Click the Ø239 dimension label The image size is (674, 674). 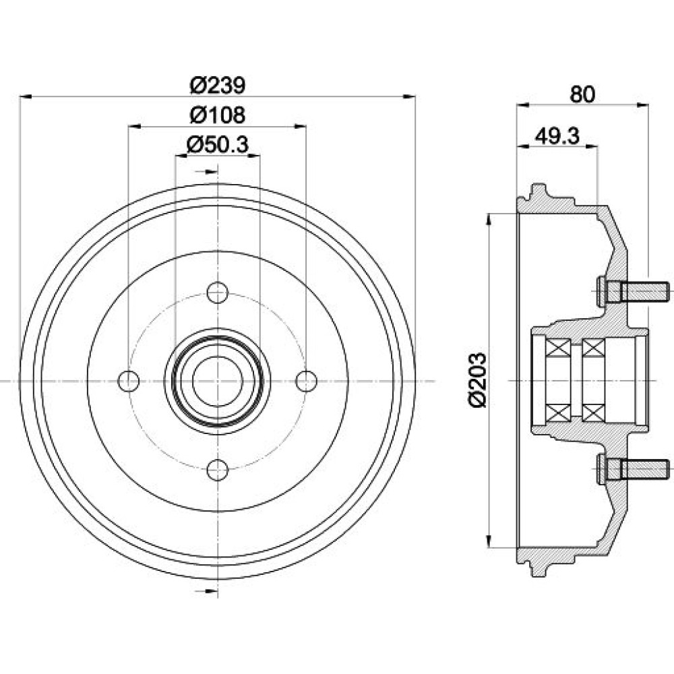pyautogui.click(x=218, y=85)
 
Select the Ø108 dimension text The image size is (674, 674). pyautogui.click(x=218, y=115)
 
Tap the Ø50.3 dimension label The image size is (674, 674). pyautogui.click(x=218, y=145)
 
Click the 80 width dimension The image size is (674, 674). pyautogui.click(x=582, y=94)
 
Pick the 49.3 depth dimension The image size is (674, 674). pyautogui.click(x=557, y=136)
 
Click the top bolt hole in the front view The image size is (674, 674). pyautogui.click(x=218, y=293)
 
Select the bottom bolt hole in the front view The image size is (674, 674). pyautogui.click(x=218, y=469)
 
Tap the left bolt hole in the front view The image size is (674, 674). pyautogui.click(x=129, y=381)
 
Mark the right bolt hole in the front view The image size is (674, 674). pyautogui.click(x=307, y=381)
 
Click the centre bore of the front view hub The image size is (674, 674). pyautogui.click(x=218, y=381)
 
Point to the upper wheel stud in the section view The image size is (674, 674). pyautogui.click(x=633, y=292)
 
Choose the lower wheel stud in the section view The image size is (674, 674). pyautogui.click(x=633, y=470)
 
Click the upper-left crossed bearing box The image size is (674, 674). pyautogui.click(x=558, y=348)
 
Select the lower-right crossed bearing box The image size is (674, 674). pyautogui.click(x=594, y=414)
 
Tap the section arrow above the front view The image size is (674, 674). pyautogui.click(x=207, y=172)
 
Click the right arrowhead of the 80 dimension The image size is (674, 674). pyautogui.click(x=642, y=104)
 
